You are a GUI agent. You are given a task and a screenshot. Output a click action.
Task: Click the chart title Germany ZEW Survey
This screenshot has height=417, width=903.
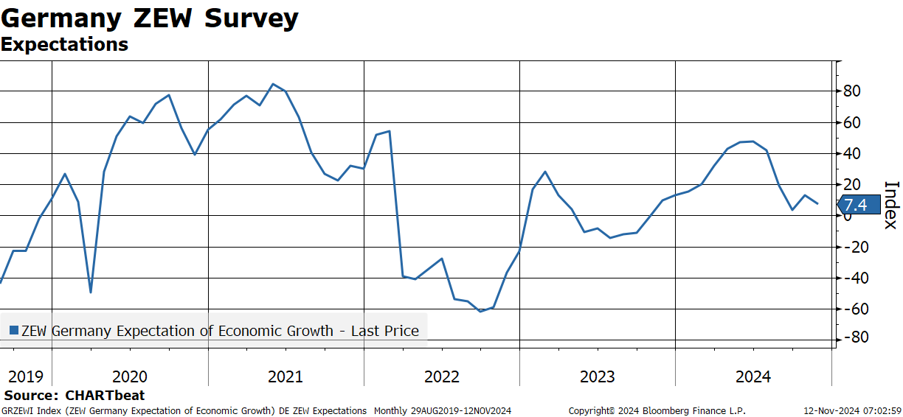(x=150, y=18)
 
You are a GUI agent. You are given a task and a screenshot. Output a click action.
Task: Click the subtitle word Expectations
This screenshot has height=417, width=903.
(x=64, y=44)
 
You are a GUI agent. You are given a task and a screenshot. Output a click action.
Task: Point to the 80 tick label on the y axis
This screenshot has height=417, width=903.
(x=851, y=91)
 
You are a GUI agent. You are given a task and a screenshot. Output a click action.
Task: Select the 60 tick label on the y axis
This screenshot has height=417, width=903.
(x=851, y=122)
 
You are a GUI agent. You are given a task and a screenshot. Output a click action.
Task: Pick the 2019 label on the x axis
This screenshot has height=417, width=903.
(x=26, y=376)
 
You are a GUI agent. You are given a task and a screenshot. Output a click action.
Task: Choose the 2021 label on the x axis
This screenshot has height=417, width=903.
(x=286, y=376)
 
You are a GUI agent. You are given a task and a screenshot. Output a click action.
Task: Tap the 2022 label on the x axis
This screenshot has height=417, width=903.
(x=442, y=376)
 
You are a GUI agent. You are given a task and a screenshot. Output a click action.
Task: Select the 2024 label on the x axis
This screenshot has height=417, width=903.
(x=753, y=376)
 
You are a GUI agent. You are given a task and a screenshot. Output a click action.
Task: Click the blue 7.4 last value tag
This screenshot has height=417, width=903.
(x=859, y=205)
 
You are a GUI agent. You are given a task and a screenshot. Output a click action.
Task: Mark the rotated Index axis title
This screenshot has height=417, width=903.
(x=892, y=206)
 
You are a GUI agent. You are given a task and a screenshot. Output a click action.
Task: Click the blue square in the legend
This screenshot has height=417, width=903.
(x=14, y=331)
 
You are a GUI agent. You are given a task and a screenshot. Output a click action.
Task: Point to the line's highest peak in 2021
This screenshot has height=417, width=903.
(x=273, y=84)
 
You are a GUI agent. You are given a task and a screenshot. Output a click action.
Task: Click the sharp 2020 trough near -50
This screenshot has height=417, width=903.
(x=91, y=292)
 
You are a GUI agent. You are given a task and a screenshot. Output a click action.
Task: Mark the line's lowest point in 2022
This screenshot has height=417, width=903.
(x=480, y=311)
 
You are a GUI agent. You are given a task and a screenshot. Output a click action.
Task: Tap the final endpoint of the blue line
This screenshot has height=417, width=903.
(x=817, y=203)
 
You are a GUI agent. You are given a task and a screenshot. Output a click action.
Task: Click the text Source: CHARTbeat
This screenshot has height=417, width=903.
(x=75, y=395)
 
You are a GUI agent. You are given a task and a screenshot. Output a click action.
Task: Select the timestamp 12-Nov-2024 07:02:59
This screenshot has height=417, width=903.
(x=853, y=411)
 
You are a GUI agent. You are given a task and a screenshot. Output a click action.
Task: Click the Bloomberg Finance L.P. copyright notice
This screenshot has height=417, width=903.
(x=657, y=411)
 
